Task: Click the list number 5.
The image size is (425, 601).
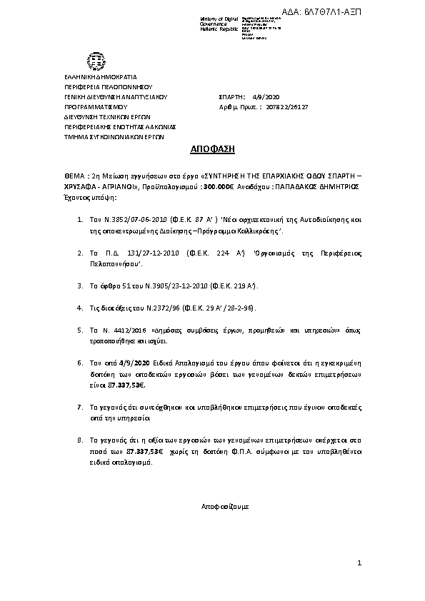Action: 79,330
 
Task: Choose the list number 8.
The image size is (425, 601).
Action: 79,442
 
